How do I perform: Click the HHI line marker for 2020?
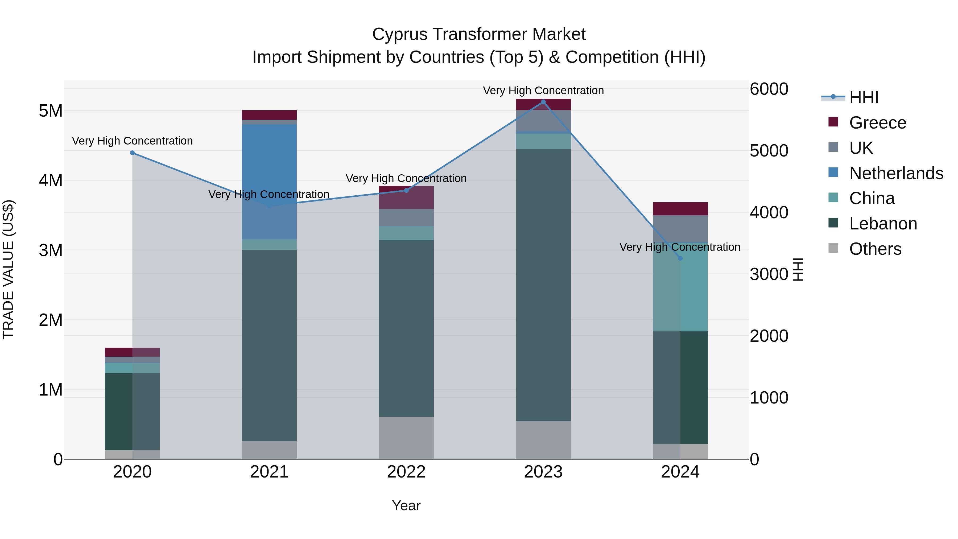[133, 153]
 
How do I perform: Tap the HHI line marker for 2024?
[680, 258]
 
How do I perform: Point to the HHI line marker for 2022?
[406, 191]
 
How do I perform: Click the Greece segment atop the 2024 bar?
[680, 209]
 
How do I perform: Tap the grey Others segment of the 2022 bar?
[406, 438]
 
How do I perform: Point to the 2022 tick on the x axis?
[406, 472]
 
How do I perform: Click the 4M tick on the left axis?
[51, 181]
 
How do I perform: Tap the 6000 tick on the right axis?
[769, 89]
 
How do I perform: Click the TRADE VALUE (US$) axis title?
[8, 269]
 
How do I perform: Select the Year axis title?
[406, 505]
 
